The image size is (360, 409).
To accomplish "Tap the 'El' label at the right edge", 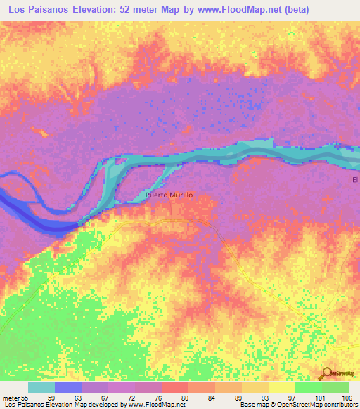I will point(355,181).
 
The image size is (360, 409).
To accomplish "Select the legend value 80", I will point(184,397).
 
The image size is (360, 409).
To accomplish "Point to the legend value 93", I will point(264,397).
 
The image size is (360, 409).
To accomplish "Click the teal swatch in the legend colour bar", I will point(41,387).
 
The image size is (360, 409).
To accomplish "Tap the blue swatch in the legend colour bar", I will point(68,387).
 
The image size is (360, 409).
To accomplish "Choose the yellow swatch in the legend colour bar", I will point(282,387).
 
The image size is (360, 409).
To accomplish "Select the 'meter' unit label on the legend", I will point(10,397).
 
